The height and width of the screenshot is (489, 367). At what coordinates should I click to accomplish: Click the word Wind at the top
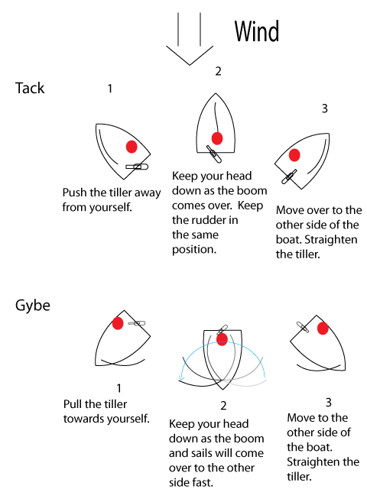pyautogui.click(x=257, y=31)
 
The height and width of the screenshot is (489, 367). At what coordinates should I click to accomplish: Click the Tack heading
pyautogui.click(x=30, y=88)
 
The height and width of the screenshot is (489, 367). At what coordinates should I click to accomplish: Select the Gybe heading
pyautogui.click(x=33, y=306)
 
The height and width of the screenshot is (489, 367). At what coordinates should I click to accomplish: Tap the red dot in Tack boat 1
pyautogui.click(x=132, y=147)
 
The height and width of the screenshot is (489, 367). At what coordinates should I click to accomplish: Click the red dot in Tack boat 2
pyautogui.click(x=217, y=138)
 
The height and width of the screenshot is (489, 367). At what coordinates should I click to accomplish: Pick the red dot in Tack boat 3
pyautogui.click(x=294, y=155)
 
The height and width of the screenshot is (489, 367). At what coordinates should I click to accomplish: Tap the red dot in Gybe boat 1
pyautogui.click(x=118, y=323)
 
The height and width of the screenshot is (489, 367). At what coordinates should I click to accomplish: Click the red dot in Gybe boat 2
pyautogui.click(x=222, y=339)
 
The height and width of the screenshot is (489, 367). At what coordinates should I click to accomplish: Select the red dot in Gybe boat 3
pyautogui.click(x=323, y=329)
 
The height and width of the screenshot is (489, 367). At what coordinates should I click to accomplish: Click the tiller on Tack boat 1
pyautogui.click(x=137, y=167)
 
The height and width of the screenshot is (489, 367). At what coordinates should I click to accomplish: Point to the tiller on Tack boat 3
pyautogui.click(x=289, y=176)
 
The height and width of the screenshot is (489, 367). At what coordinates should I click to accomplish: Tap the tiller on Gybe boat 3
pyautogui.click(x=303, y=327)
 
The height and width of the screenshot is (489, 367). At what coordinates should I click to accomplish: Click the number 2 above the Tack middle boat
pyautogui.click(x=218, y=71)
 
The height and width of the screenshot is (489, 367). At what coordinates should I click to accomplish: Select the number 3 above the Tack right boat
pyautogui.click(x=324, y=108)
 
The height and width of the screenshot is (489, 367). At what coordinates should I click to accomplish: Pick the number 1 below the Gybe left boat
pyautogui.click(x=119, y=388)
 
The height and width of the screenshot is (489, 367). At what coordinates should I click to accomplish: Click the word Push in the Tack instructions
pyautogui.click(x=75, y=193)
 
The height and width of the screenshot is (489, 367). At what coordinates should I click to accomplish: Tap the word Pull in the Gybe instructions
pyautogui.click(x=73, y=404)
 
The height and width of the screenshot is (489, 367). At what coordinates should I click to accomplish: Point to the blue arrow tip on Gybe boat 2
pyautogui.click(x=180, y=379)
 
